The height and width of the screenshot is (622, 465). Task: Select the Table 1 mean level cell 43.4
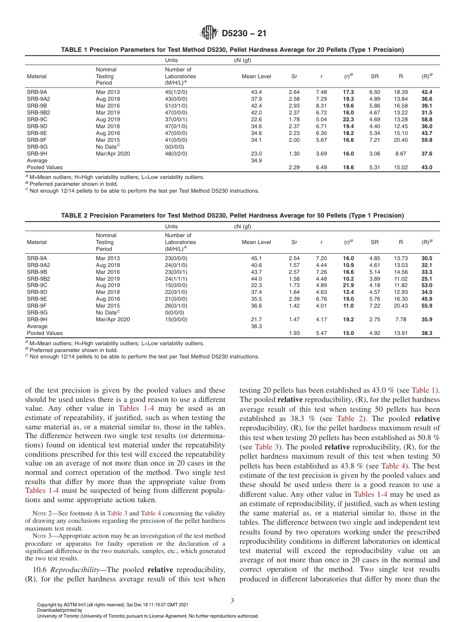point(256,92)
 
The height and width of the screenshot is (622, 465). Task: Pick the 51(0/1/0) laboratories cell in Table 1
point(176,106)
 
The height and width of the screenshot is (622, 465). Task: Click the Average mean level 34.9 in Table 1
point(256,160)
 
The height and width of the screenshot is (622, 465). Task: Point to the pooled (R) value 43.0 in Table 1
point(426,167)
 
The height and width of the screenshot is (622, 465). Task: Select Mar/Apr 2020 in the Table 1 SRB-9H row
point(113,154)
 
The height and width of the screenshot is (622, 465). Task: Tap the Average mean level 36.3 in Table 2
point(256,327)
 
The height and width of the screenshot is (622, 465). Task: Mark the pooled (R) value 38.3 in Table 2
point(426,333)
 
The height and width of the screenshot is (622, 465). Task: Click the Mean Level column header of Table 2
point(256,242)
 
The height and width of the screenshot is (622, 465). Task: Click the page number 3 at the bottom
point(232,600)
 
